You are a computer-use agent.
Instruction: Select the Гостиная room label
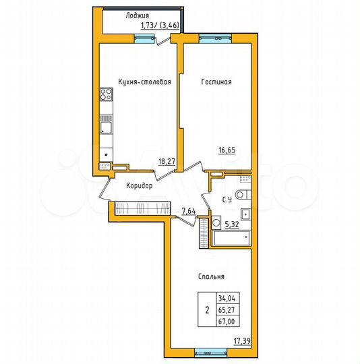click(x=216, y=82)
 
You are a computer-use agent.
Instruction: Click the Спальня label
click(x=211, y=276)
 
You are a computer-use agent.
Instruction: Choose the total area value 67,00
click(x=227, y=322)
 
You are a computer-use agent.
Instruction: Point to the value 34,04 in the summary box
click(x=227, y=297)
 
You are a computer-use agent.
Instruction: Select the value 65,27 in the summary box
click(x=227, y=309)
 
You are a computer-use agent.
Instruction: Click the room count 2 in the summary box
click(x=206, y=310)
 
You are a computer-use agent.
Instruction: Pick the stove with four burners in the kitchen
click(x=107, y=98)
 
